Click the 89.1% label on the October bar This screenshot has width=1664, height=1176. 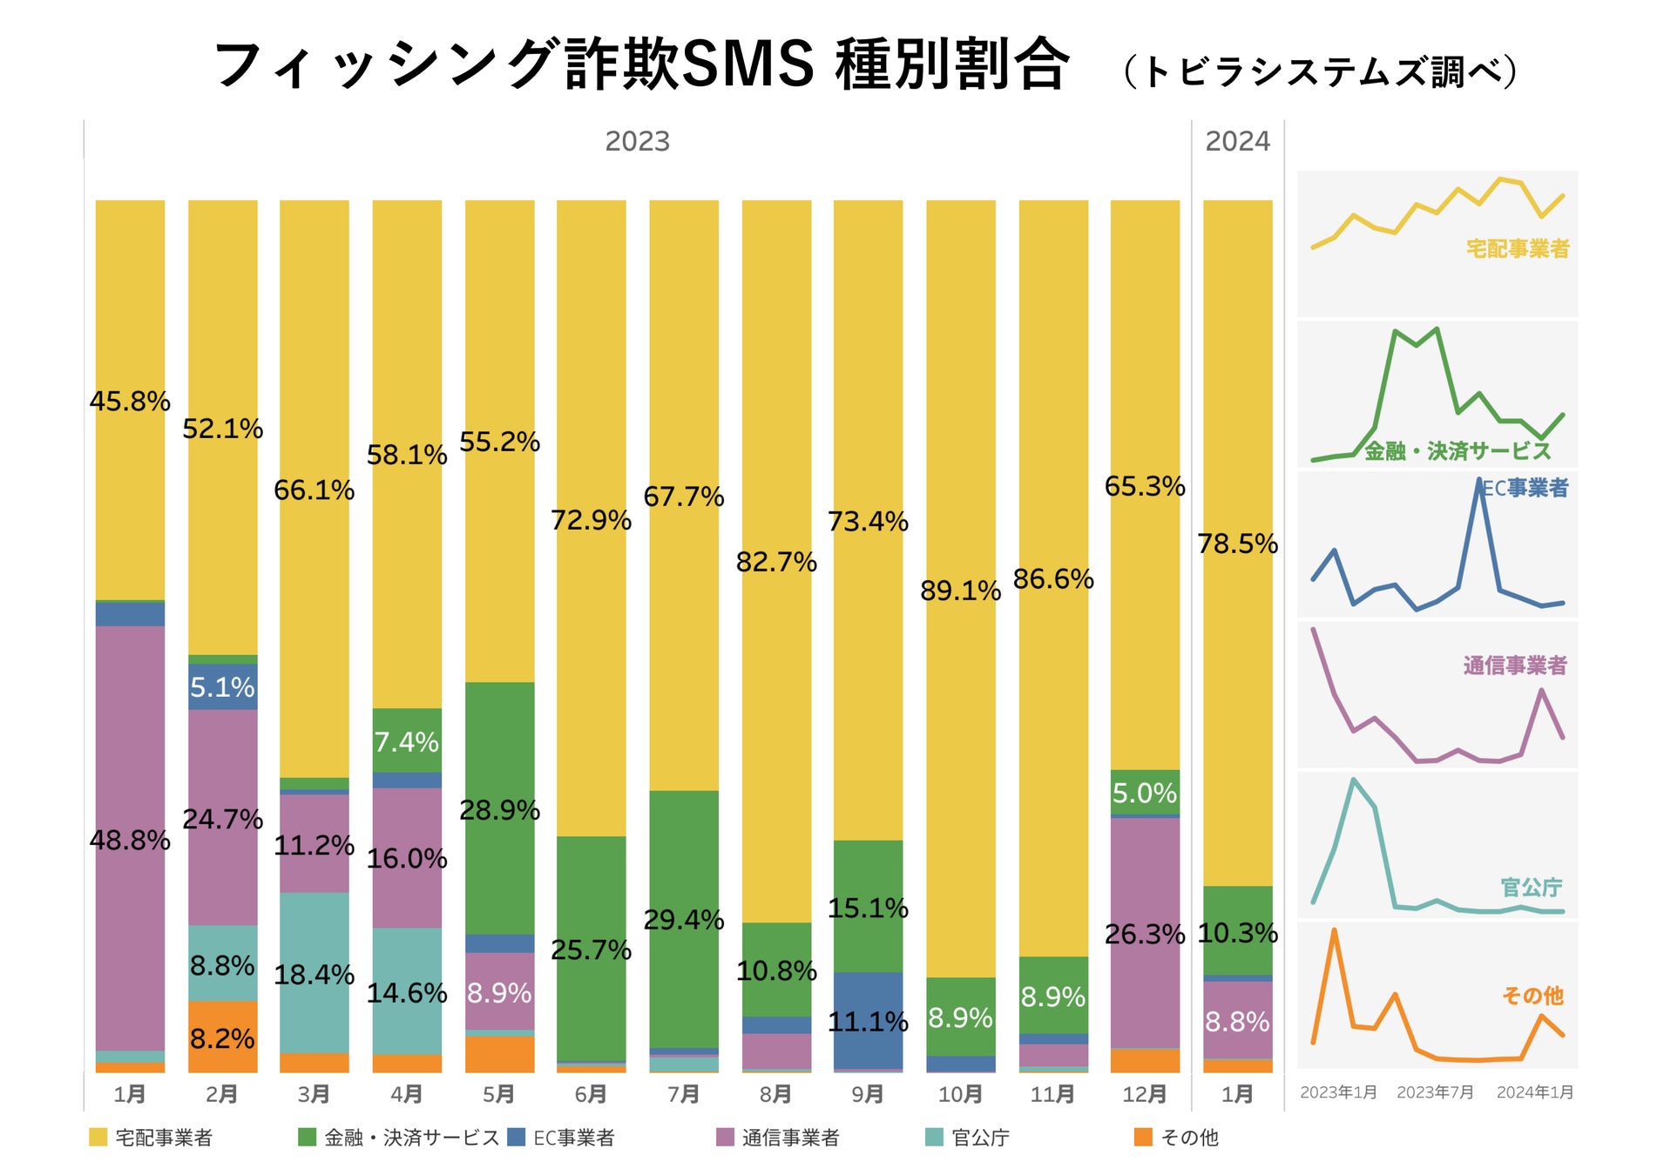(x=960, y=591)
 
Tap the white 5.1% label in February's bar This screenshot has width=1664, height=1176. (x=222, y=687)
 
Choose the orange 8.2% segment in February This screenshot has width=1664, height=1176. (x=222, y=1037)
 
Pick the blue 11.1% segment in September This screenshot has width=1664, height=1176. (x=868, y=1021)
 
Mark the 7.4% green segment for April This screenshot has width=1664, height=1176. (x=407, y=740)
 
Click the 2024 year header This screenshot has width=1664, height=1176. (x=1237, y=141)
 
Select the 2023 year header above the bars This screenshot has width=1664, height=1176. (x=637, y=141)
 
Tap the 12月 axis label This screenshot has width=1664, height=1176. (x=1145, y=1094)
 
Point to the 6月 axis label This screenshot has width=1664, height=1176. (x=591, y=1094)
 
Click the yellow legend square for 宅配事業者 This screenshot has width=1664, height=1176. (x=98, y=1137)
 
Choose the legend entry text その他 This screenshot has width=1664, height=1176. (x=1189, y=1138)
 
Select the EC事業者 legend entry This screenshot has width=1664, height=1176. (x=573, y=1138)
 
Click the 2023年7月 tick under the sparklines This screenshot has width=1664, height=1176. (x=1435, y=1092)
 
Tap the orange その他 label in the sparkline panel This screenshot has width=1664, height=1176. (x=1532, y=996)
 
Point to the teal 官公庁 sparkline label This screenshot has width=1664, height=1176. (x=1531, y=888)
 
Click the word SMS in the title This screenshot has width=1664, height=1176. (x=747, y=64)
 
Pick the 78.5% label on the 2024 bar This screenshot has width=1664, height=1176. (x=1237, y=544)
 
